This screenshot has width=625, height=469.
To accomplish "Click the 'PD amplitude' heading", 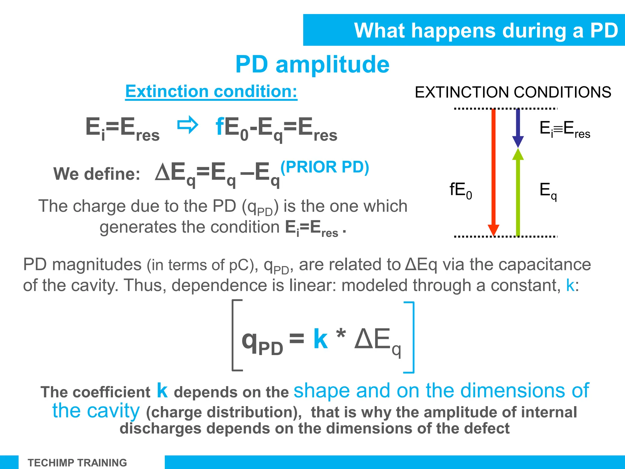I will click(312, 64).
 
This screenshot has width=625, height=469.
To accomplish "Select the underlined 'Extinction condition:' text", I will click(211, 91).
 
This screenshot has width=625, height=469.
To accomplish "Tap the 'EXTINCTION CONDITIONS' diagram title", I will click(513, 92).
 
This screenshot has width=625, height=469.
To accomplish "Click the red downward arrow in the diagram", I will click(493, 171).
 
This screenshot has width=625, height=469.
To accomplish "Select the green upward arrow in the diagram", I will click(518, 192).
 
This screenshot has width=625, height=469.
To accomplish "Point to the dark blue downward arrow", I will click(518, 127).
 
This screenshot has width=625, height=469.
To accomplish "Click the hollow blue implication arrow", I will click(188, 125).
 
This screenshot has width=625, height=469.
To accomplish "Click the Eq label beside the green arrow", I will click(548, 191).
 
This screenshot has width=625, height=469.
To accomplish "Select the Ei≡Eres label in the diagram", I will click(565, 129).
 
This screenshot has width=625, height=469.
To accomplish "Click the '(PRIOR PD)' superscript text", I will click(325, 167).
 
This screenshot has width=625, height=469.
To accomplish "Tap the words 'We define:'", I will click(97, 174).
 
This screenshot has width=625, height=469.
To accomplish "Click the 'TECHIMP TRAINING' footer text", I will click(77, 463).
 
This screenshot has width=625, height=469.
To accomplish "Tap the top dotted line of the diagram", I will click(505, 108).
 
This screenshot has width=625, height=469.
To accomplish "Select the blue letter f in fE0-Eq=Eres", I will click(219, 127).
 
